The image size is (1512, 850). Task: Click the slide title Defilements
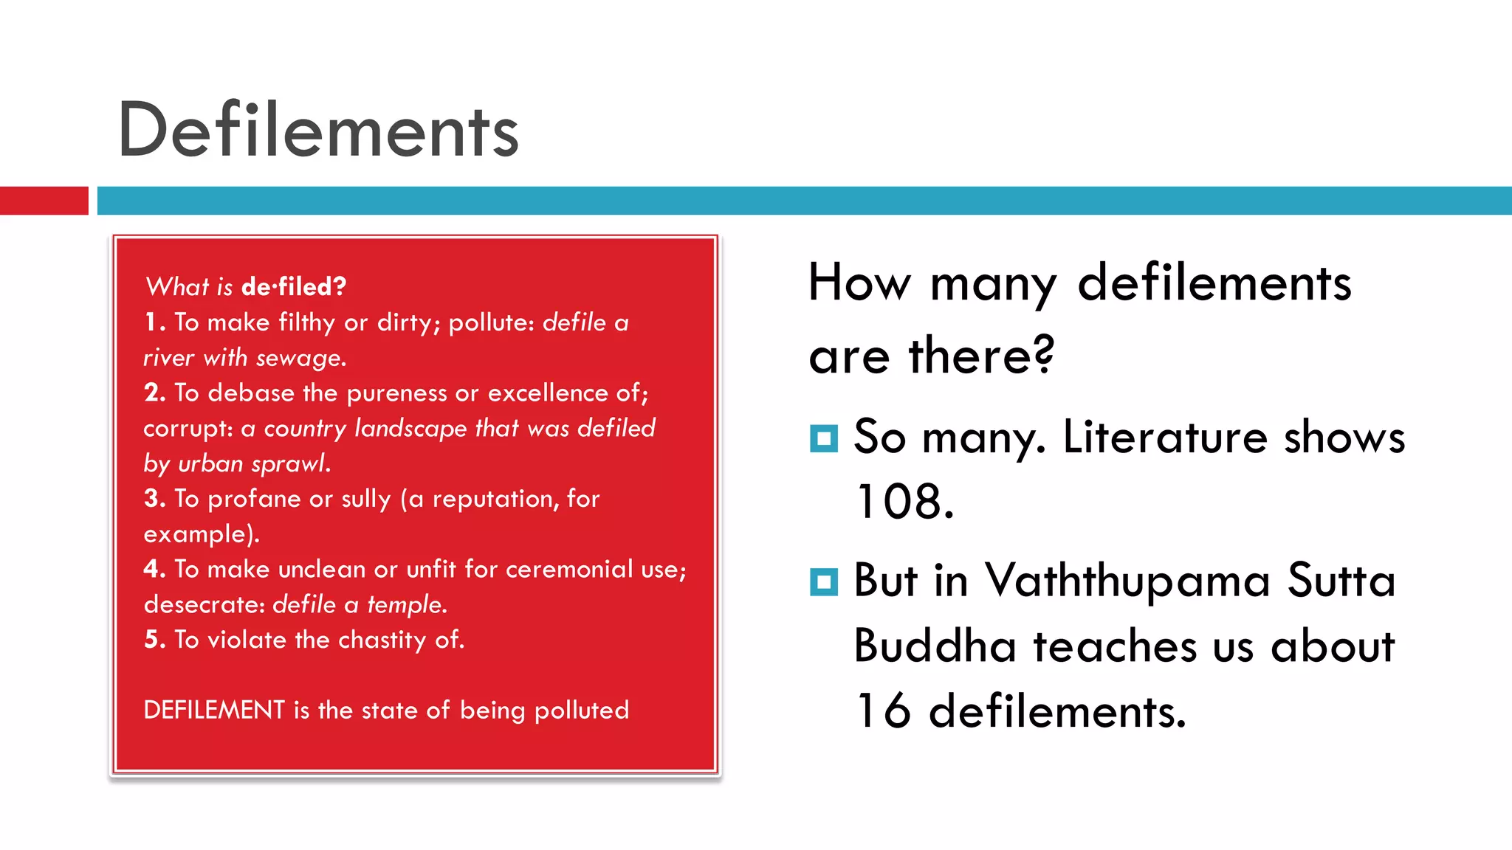[x=318, y=131]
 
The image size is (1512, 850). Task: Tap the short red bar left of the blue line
[x=44, y=201]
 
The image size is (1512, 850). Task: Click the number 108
[x=904, y=502]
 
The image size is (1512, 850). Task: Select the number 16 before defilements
[x=883, y=711]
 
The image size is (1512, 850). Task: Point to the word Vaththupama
[x=1127, y=581]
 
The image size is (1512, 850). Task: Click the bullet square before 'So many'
[x=823, y=438]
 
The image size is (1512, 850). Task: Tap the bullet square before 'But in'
[x=823, y=581]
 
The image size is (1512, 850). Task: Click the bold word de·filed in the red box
[x=293, y=286]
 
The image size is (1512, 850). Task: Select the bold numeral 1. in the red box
[x=154, y=322]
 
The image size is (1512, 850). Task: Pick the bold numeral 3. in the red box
[x=154, y=499]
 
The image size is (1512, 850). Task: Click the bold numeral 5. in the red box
[x=154, y=640]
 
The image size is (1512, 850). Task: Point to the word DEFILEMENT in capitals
[x=214, y=710]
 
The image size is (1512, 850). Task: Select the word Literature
[x=1164, y=437]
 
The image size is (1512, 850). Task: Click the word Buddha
[x=935, y=646]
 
